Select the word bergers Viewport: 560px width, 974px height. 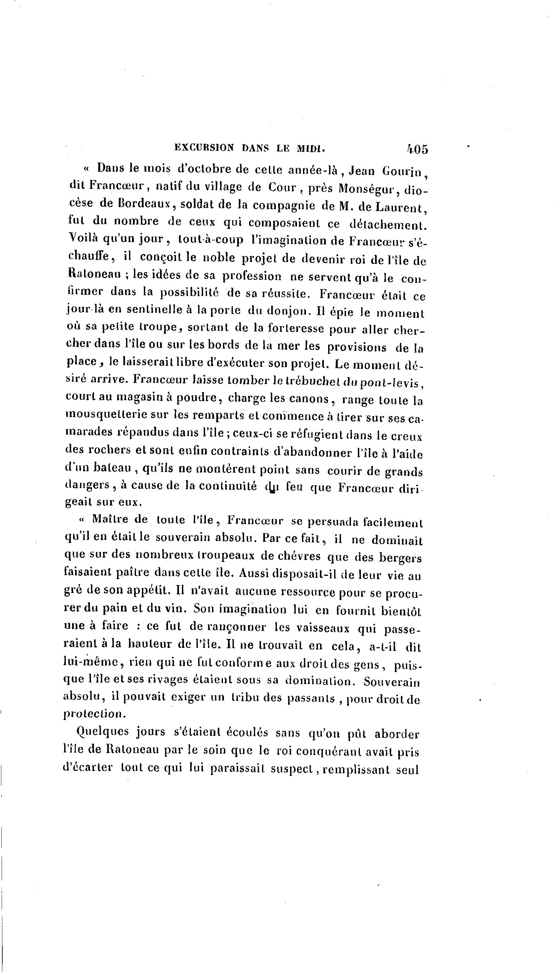pos(400,558)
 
